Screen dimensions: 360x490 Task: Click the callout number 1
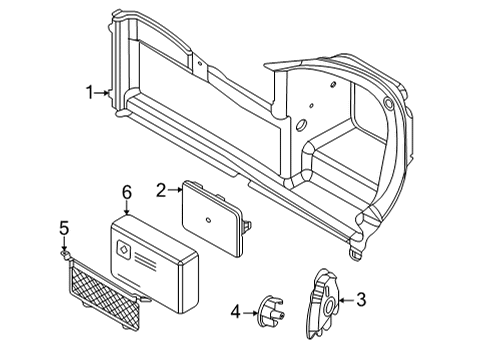[x=90, y=93]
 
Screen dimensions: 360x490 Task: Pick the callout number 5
[x=62, y=228]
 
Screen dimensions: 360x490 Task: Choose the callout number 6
[x=126, y=190]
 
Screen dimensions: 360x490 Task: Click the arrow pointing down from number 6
[x=126, y=207]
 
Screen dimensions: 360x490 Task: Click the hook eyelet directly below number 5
[x=63, y=254]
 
